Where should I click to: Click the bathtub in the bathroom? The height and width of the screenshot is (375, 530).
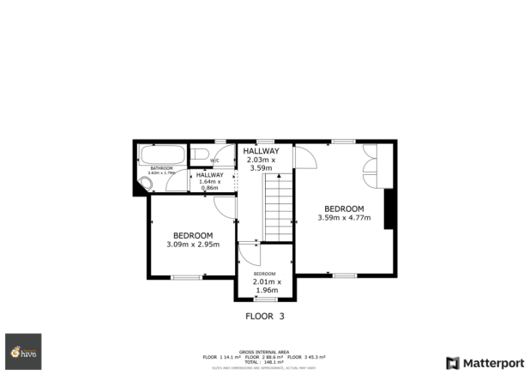point(160,155)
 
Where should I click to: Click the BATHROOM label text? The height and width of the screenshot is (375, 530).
point(161,167)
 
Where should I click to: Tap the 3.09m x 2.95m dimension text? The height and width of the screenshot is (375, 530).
point(193,245)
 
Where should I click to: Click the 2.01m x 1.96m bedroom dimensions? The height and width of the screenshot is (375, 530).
point(266,286)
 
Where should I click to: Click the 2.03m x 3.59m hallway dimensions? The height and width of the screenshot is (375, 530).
point(261,164)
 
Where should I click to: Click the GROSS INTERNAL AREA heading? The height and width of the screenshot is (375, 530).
point(264,351)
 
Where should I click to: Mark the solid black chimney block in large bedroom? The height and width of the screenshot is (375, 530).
point(388,209)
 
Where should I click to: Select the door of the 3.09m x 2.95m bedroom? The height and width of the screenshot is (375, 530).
point(225,207)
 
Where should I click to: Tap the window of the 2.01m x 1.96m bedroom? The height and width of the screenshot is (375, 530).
point(265,299)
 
